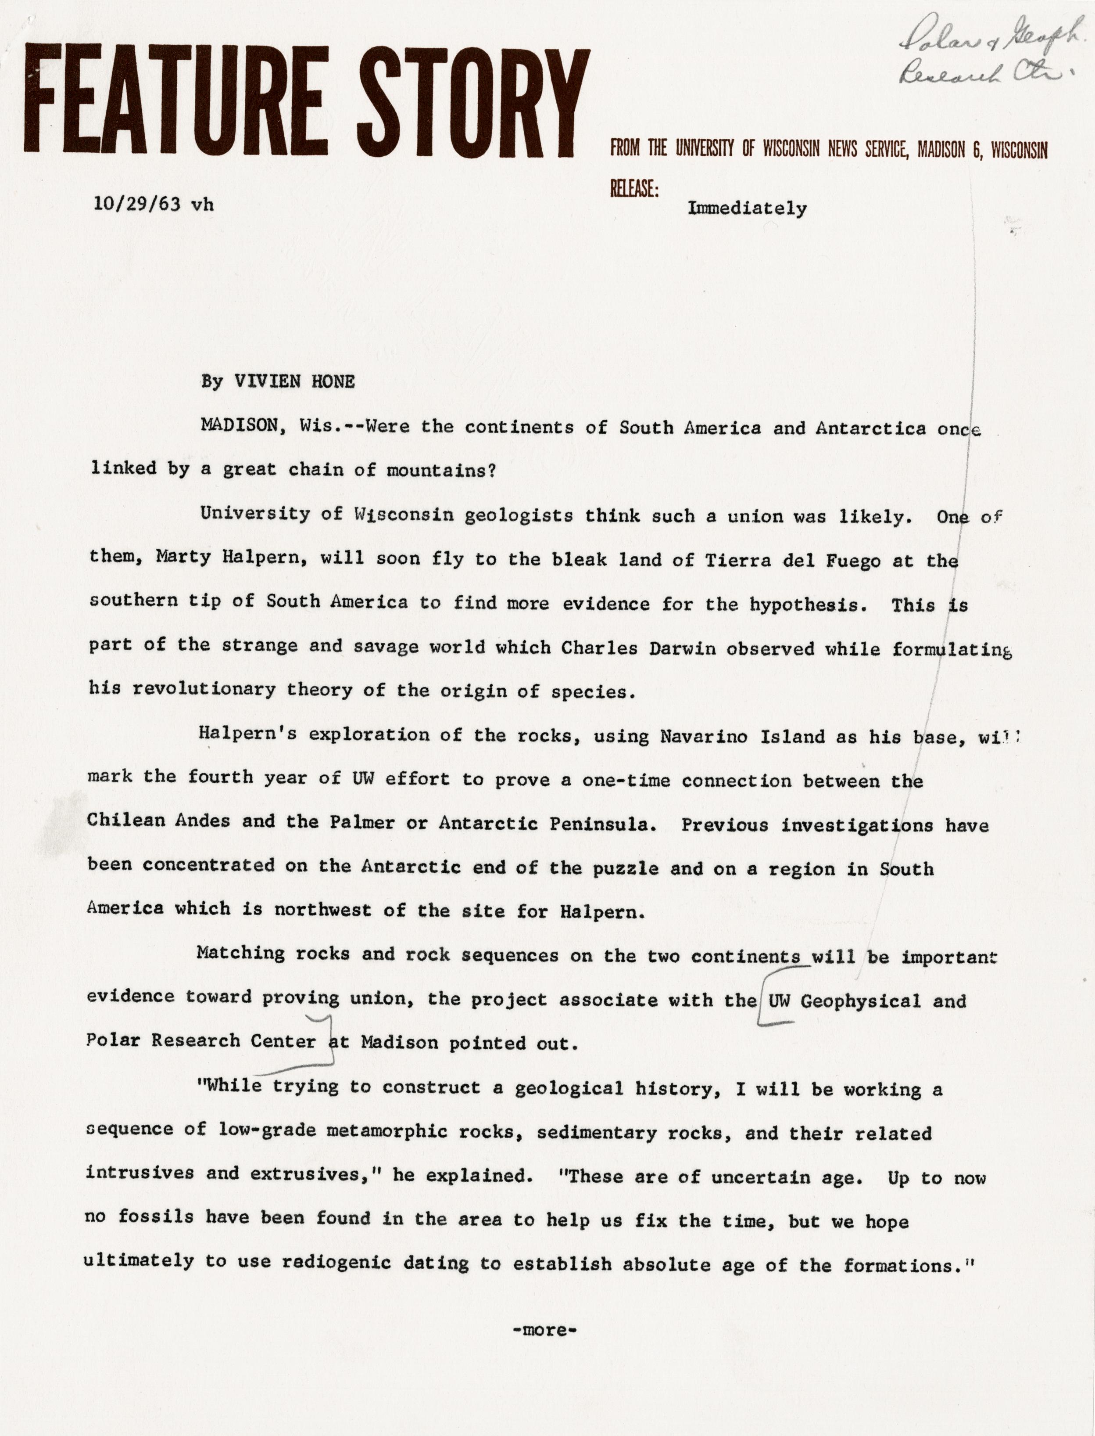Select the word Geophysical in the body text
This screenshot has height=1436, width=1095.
860,1001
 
